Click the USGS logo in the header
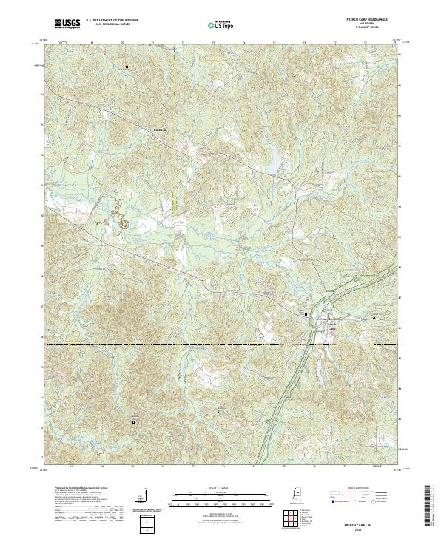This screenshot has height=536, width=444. (67, 24)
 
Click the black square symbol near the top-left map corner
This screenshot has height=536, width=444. (127, 67)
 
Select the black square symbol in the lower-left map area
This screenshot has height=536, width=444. (133, 421)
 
